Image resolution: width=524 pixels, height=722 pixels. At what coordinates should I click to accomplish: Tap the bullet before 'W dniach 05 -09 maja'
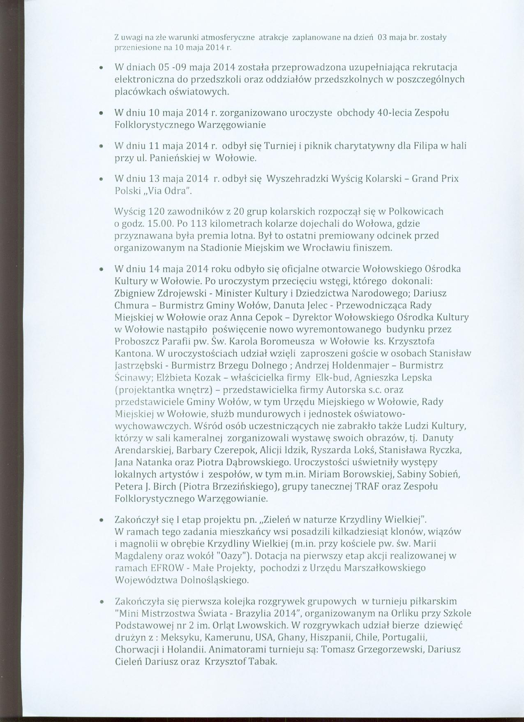coord(101,67)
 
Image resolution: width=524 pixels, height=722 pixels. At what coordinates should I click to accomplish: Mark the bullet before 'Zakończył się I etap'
coord(101,520)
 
